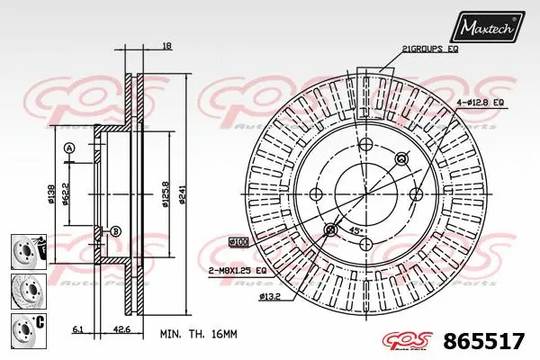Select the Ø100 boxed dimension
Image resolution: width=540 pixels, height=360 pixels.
[x=239, y=242]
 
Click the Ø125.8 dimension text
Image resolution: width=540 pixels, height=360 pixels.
[x=164, y=192]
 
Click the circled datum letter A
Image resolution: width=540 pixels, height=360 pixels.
[x=68, y=148]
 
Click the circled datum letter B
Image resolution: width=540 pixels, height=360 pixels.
[x=115, y=231]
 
